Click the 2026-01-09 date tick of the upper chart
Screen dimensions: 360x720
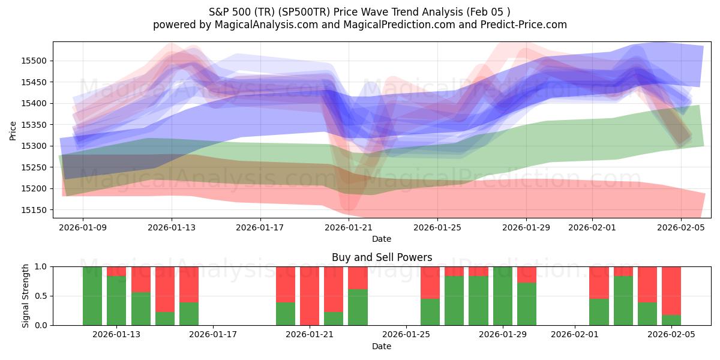(x=83, y=227)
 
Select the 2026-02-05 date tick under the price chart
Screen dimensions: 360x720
(x=680, y=227)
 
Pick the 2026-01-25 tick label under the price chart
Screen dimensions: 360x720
(x=437, y=227)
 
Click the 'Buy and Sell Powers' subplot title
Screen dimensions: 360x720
(x=382, y=257)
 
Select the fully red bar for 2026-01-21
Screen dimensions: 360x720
(x=310, y=296)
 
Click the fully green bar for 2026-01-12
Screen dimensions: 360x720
(x=92, y=296)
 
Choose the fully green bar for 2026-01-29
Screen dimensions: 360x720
(x=502, y=296)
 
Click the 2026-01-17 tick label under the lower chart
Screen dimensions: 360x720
(x=213, y=335)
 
